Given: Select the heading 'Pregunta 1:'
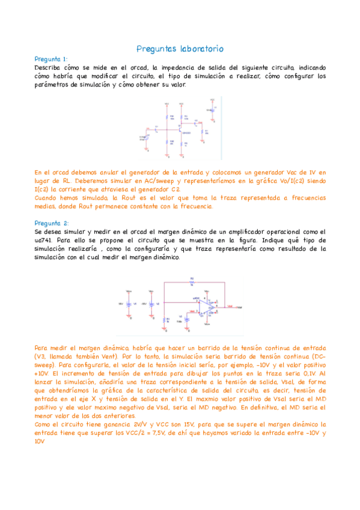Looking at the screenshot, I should (51, 60).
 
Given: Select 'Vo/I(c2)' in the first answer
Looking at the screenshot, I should (281, 180).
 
